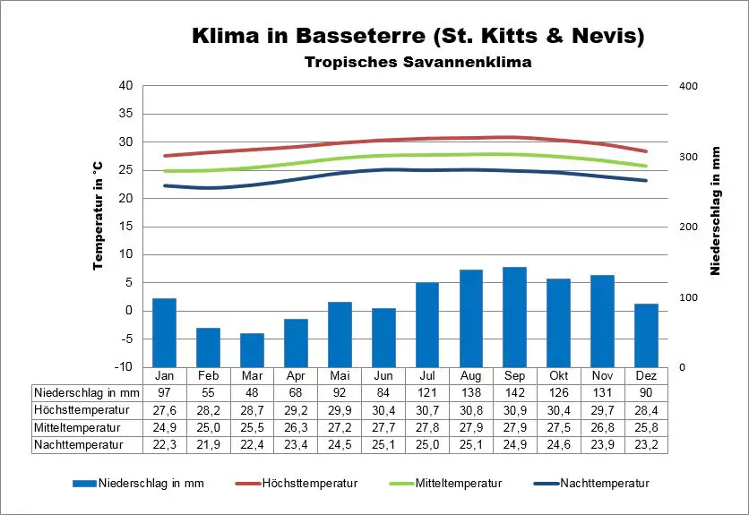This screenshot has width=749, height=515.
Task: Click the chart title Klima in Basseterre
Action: point(418,37)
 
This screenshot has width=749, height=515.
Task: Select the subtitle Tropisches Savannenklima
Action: point(418,63)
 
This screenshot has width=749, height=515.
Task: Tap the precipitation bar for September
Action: point(514,317)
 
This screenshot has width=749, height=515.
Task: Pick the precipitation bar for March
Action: point(252,350)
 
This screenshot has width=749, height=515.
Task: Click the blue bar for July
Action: point(427,324)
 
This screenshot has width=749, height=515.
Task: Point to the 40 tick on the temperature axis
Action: point(125,86)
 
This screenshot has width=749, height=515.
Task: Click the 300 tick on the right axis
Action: point(688,157)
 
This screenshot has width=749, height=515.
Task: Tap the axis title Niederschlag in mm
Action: point(717,211)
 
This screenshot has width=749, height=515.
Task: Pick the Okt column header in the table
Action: point(558,375)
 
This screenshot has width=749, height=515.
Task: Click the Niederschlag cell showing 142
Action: point(514,392)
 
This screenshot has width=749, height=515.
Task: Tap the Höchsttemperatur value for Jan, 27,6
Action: point(164,409)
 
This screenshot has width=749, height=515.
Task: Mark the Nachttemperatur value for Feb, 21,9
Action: point(208,443)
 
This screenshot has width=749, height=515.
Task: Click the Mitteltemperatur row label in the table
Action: point(76,426)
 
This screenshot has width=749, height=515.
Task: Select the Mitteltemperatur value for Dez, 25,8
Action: point(646,426)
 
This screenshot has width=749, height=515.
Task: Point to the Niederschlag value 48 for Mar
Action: point(252,392)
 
